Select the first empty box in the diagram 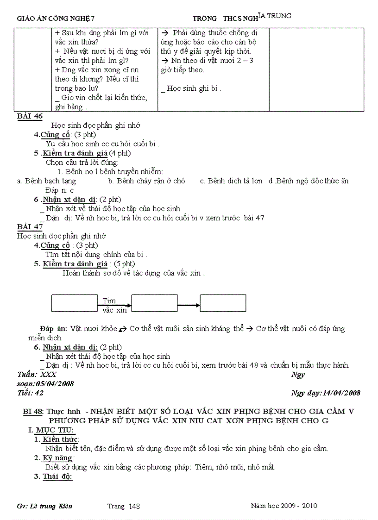coord(74,303)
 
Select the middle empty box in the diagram coord(155,303)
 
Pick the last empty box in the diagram coord(223,303)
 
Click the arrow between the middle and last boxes coord(189,305)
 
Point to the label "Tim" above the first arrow coord(109,301)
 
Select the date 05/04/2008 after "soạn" coord(54,384)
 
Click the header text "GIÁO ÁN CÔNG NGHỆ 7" coord(56,19)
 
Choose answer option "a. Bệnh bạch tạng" coord(46,181)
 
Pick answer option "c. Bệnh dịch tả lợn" coord(231,181)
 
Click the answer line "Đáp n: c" coord(59,190)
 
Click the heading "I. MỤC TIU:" coord(51,430)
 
